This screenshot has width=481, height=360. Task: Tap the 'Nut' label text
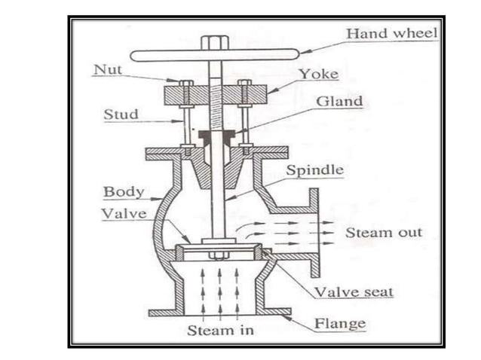coord(107,69)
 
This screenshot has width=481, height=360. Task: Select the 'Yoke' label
coord(316,75)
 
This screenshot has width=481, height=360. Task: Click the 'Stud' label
coord(119,114)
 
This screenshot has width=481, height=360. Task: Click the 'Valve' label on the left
coord(121,213)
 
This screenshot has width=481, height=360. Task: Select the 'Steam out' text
coord(384,233)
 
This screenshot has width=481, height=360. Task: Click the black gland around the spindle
coord(216,136)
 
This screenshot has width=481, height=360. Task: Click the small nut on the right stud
coord(244,83)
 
